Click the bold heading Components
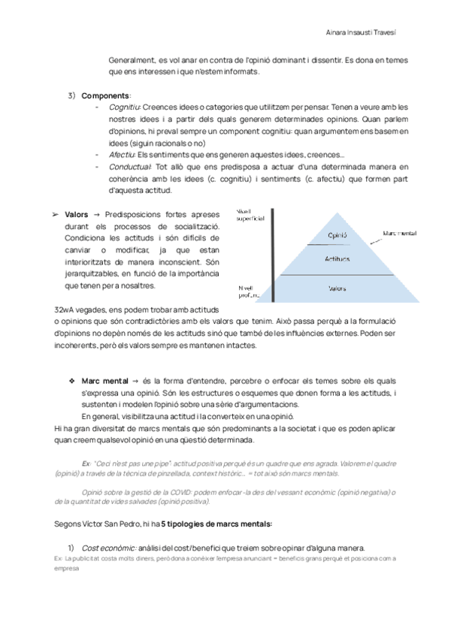pyautogui.click(x=105, y=95)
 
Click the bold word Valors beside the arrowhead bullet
pyautogui.click(x=77, y=215)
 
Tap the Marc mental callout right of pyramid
pyautogui.click(x=401, y=234)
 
